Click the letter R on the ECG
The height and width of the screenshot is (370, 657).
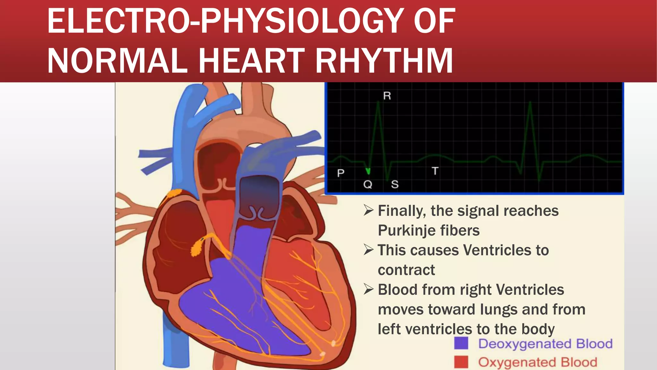pyautogui.click(x=387, y=96)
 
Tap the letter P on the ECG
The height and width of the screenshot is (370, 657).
pyautogui.click(x=341, y=173)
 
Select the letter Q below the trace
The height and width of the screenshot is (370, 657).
pyautogui.click(x=368, y=184)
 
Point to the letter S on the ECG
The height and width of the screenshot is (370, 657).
pyautogui.click(x=395, y=184)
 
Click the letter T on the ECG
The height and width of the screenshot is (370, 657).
pyautogui.click(x=435, y=171)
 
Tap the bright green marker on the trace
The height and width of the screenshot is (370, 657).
pyautogui.click(x=368, y=171)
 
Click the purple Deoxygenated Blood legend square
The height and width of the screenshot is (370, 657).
pyautogui.click(x=461, y=343)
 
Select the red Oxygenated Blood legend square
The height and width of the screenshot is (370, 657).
pyautogui.click(x=461, y=362)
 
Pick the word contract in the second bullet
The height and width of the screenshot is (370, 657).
pyautogui.click(x=406, y=270)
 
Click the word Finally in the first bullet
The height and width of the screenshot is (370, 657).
pyautogui.click(x=402, y=211)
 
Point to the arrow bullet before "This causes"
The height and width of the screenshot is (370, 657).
pyautogui.click(x=369, y=250)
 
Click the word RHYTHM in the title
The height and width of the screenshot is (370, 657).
pyautogui.click(x=384, y=61)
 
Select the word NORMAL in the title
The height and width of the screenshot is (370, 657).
pyautogui.click(x=117, y=61)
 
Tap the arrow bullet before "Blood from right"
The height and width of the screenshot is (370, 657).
pyautogui.click(x=369, y=289)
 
